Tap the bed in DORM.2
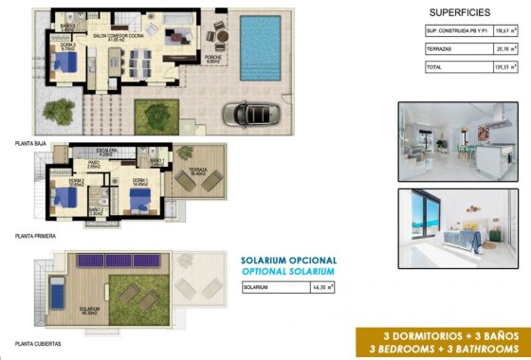pos(66,198)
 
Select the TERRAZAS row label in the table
pos(442,49)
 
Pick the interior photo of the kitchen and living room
pos(457,141)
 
